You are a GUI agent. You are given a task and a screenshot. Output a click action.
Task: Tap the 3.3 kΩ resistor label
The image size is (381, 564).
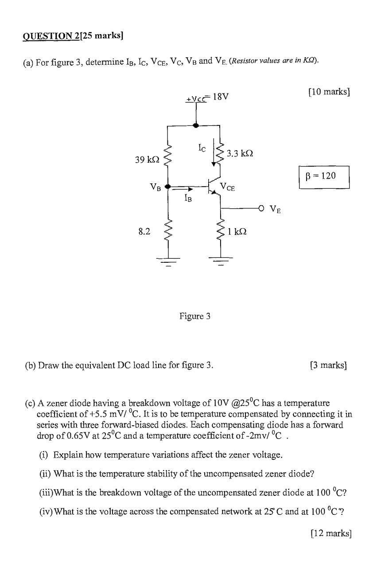point(240,153)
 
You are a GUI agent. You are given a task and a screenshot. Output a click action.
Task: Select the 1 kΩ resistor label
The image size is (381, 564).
point(237,231)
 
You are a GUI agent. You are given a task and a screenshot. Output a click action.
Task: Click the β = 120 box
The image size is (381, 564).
point(324,176)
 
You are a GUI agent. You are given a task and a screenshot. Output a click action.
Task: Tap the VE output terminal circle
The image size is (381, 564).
point(261,207)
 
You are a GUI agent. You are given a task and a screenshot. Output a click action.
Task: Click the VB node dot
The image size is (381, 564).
point(167,187)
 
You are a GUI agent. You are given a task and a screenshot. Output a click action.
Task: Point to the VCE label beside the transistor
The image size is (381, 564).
point(229,187)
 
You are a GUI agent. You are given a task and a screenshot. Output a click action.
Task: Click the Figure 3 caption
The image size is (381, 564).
point(195,316)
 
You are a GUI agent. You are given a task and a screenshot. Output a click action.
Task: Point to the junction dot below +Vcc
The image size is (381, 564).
point(196,125)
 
